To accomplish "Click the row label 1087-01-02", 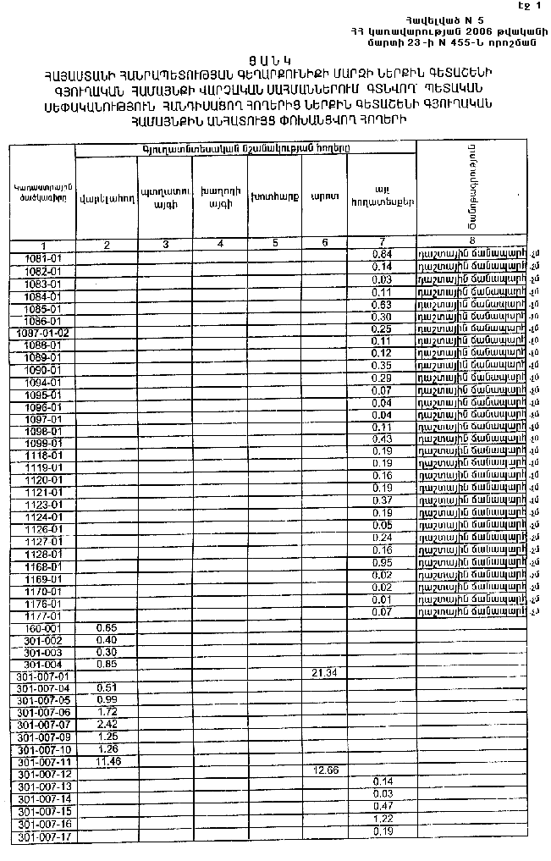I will point(41,333).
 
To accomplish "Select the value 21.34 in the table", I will point(326,672).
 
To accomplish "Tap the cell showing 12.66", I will point(326,770).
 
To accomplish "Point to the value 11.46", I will point(106,762).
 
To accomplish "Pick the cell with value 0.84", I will point(382,255).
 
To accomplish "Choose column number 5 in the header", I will point(275,244).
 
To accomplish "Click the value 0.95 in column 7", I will point(382,562).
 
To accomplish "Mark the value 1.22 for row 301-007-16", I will point(383,820).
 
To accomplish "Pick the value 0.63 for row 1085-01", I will point(382,305).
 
